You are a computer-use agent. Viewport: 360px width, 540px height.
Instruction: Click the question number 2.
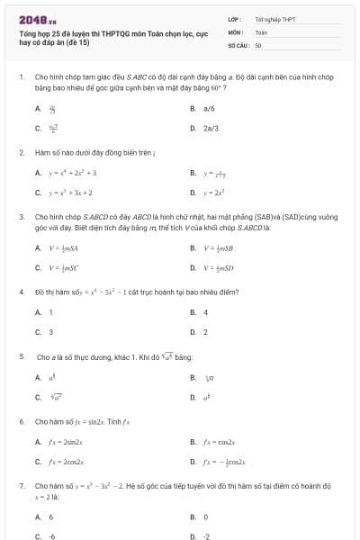point(21,152)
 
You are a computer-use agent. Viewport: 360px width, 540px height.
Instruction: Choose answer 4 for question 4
point(206,312)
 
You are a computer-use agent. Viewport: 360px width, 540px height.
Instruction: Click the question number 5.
point(21,356)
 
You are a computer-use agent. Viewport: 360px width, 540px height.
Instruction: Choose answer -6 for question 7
point(51,536)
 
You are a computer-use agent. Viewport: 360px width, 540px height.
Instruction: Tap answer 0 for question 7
point(206,517)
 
